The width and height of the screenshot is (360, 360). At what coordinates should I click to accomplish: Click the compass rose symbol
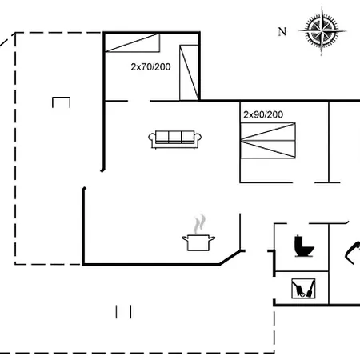[x=322, y=31]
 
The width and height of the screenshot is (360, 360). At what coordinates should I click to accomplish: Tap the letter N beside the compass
[x=282, y=32]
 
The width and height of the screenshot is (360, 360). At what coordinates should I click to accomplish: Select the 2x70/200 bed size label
[x=150, y=66]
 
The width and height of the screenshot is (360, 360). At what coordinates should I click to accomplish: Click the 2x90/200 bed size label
[x=263, y=114]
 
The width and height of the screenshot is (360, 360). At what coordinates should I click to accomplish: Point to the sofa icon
[x=175, y=140]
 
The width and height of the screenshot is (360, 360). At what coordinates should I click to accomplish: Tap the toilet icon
[x=304, y=246]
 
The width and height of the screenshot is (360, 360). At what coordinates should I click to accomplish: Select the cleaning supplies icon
[x=303, y=289]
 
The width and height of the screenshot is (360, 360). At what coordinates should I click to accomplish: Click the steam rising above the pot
[x=199, y=223]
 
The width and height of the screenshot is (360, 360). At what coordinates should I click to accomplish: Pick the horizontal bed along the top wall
[x=133, y=42]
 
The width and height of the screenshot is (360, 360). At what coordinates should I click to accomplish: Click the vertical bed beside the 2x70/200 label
[x=189, y=73]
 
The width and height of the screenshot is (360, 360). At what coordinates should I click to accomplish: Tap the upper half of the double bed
[x=268, y=131]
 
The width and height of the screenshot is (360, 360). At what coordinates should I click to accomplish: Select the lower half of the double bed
[x=268, y=150]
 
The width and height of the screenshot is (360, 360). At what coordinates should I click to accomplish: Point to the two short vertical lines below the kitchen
[x=123, y=312]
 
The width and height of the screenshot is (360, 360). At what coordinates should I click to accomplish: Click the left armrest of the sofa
[x=152, y=138]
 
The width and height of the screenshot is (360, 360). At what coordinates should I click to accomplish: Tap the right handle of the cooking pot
[x=212, y=238]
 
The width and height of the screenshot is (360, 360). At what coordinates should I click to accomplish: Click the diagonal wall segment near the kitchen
[x=230, y=258]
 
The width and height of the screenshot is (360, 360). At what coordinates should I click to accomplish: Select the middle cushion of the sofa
[x=175, y=137]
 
